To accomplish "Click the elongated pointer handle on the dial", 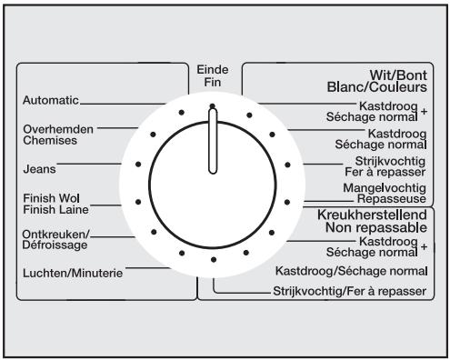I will (212, 142).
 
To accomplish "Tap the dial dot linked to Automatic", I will (180, 112).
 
